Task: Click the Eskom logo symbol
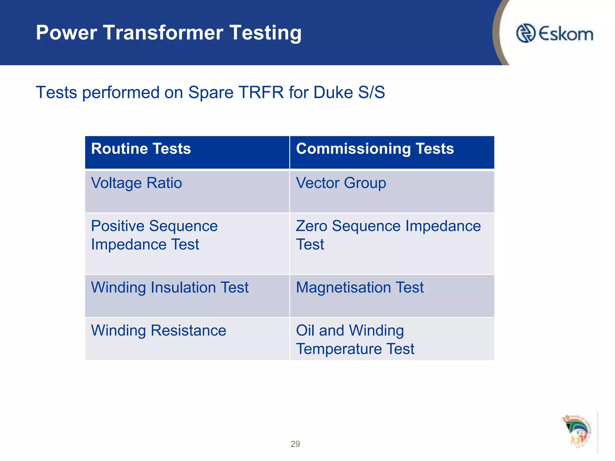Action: coord(526,33)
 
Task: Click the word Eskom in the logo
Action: coord(566,34)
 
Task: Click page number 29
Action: coord(295,444)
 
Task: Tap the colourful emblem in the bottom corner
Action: coord(577,431)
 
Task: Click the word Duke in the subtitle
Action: coord(333,92)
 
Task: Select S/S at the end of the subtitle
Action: coord(371,92)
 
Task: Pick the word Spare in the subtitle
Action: coord(211,92)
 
